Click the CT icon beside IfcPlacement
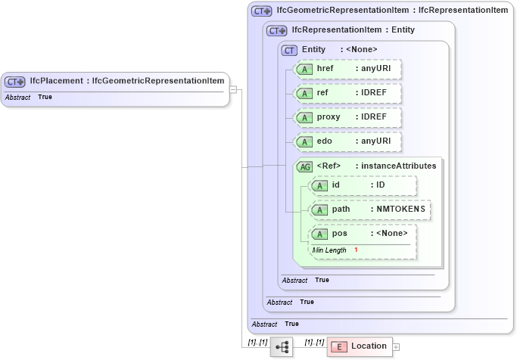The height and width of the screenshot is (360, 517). click(15, 81)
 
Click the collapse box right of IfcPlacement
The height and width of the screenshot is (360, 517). click(234, 89)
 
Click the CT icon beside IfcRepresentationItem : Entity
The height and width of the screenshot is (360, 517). click(277, 30)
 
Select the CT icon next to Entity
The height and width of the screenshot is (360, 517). click(289, 50)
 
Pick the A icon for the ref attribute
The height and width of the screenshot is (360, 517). click(304, 93)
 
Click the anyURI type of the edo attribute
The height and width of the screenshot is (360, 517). click(376, 141)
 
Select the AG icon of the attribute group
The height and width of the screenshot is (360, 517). click(305, 166)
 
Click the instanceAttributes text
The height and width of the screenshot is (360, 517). click(398, 166)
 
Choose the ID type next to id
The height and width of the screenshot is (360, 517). click(381, 185)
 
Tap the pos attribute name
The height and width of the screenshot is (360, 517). click(340, 233)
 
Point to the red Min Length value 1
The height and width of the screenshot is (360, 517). click(356, 250)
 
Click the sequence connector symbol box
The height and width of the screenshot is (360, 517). click(282, 347)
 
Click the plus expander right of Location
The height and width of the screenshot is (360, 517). click(397, 347)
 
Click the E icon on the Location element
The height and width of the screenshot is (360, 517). click(340, 346)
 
